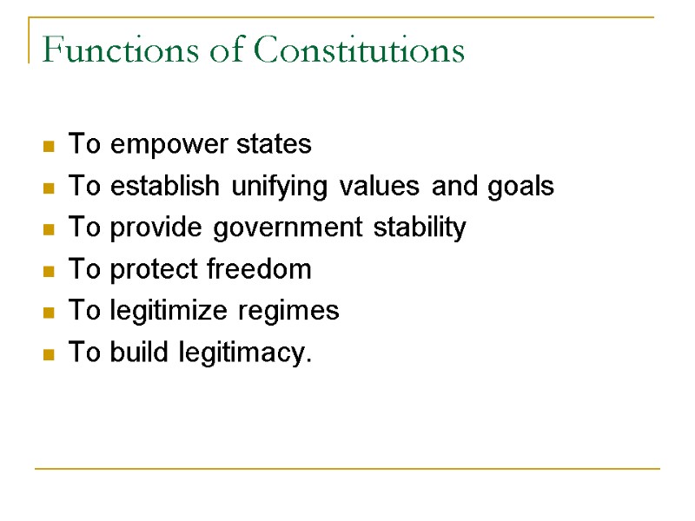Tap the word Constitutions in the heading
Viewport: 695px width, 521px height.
pos(359,50)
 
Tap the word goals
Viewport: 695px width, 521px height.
pos(519,186)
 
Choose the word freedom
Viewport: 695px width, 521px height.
pos(260,269)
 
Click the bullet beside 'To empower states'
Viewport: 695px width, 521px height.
pos(50,146)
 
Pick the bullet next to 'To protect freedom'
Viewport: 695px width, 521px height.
pos(50,271)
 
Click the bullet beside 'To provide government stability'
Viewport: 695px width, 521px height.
pos(50,229)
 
